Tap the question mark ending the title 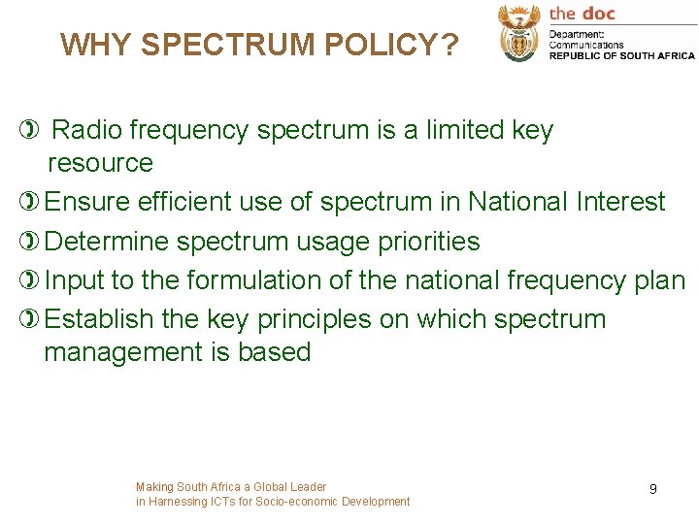[449, 45]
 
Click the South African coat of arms [518, 33]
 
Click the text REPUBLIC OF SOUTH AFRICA [621, 55]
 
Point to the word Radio [86, 130]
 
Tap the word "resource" [100, 163]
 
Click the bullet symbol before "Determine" [26, 242]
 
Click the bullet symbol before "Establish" [26, 319]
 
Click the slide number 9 [652, 489]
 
